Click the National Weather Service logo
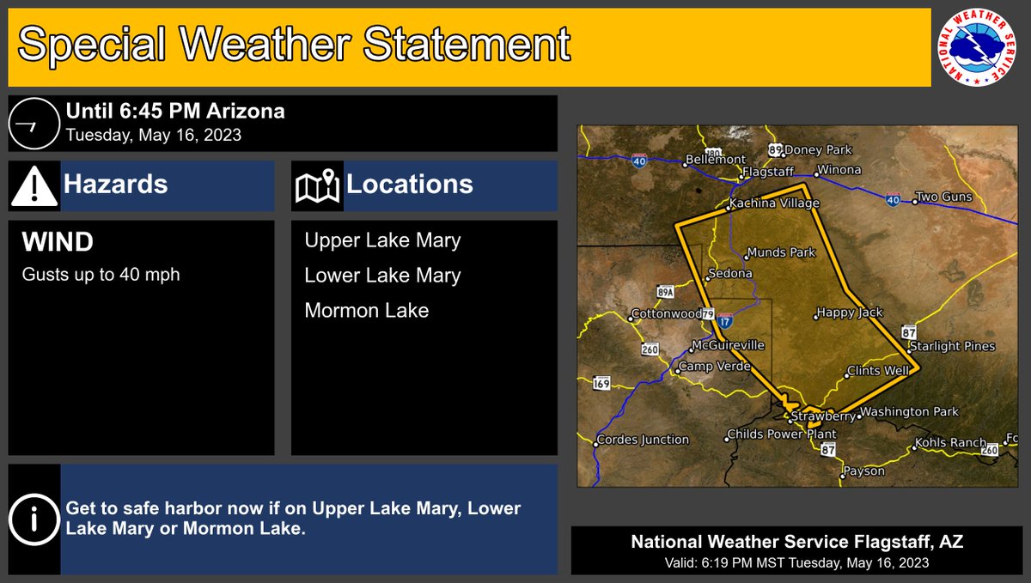click(x=979, y=47)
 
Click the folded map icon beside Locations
click(x=317, y=186)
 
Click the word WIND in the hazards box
click(x=57, y=242)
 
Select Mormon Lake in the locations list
click(x=366, y=310)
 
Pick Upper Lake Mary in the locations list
click(x=382, y=240)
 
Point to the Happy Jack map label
click(x=850, y=313)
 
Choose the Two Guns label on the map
click(x=943, y=197)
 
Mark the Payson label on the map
click(x=863, y=471)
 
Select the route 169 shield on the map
click(x=601, y=383)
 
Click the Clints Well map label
click(x=877, y=372)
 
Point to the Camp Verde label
click(x=715, y=367)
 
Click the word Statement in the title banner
click(x=466, y=45)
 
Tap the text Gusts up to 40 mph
click(x=101, y=275)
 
